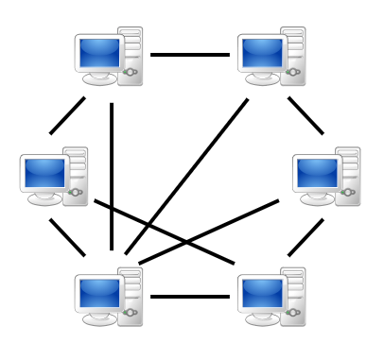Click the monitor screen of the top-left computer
coord(98,53)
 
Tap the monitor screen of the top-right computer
coord(262,53)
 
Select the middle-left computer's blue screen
coord(44,173)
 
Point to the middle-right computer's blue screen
coord(317,173)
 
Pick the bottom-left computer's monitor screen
coord(98,294)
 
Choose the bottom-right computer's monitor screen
coord(262,294)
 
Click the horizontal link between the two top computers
coord(189,55)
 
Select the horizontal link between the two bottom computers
coord(189,297)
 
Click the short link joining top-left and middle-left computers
coord(67,115)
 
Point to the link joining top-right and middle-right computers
coord(305,115)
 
